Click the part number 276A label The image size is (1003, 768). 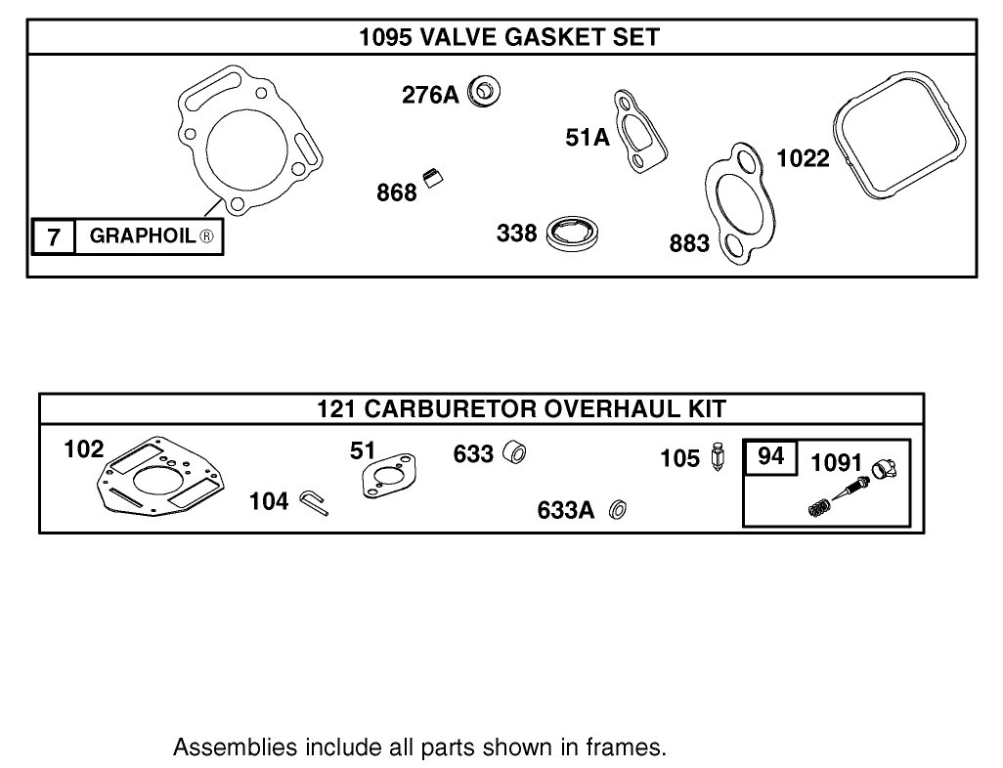(x=429, y=95)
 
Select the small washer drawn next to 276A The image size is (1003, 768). (x=484, y=92)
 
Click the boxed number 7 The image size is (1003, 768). (x=54, y=236)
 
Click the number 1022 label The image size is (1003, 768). (x=803, y=158)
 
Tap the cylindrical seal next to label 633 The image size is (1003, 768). (x=514, y=453)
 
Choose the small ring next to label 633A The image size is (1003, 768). (x=617, y=510)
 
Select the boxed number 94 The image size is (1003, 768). (x=771, y=457)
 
